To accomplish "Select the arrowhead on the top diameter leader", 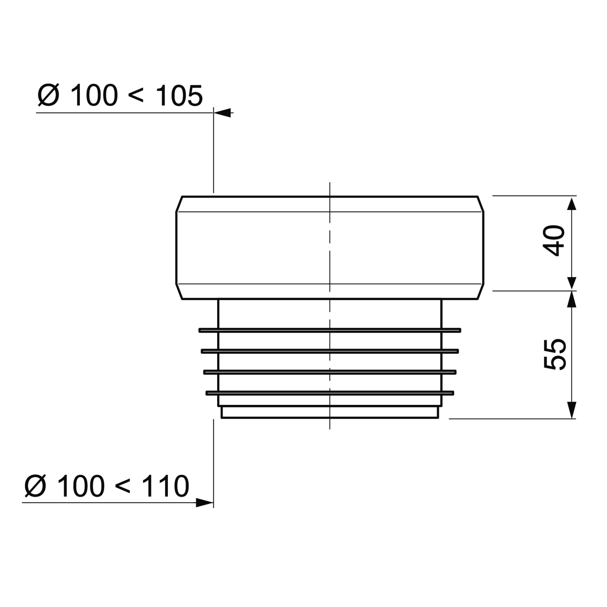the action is pyautogui.click(x=222, y=113).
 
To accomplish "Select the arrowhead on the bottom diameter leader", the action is pyautogui.click(x=205, y=503).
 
